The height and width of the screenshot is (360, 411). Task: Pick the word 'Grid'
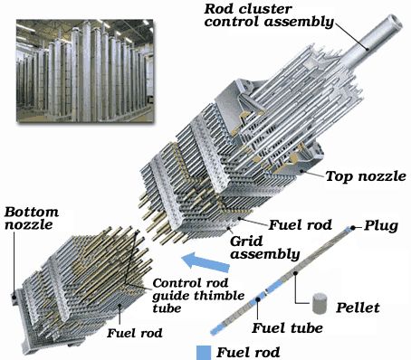click(241, 242)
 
